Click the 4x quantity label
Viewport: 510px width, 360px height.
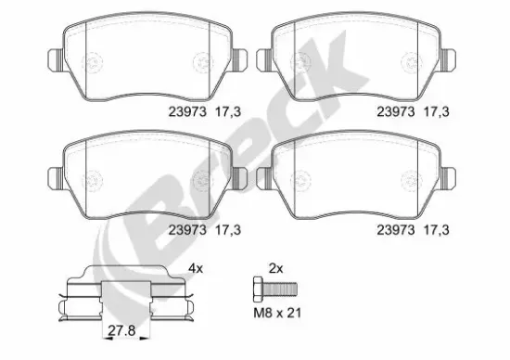click(197, 269)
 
